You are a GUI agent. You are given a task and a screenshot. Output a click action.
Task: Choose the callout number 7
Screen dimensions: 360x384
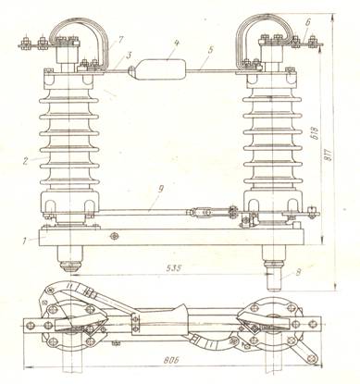tap(121, 41)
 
